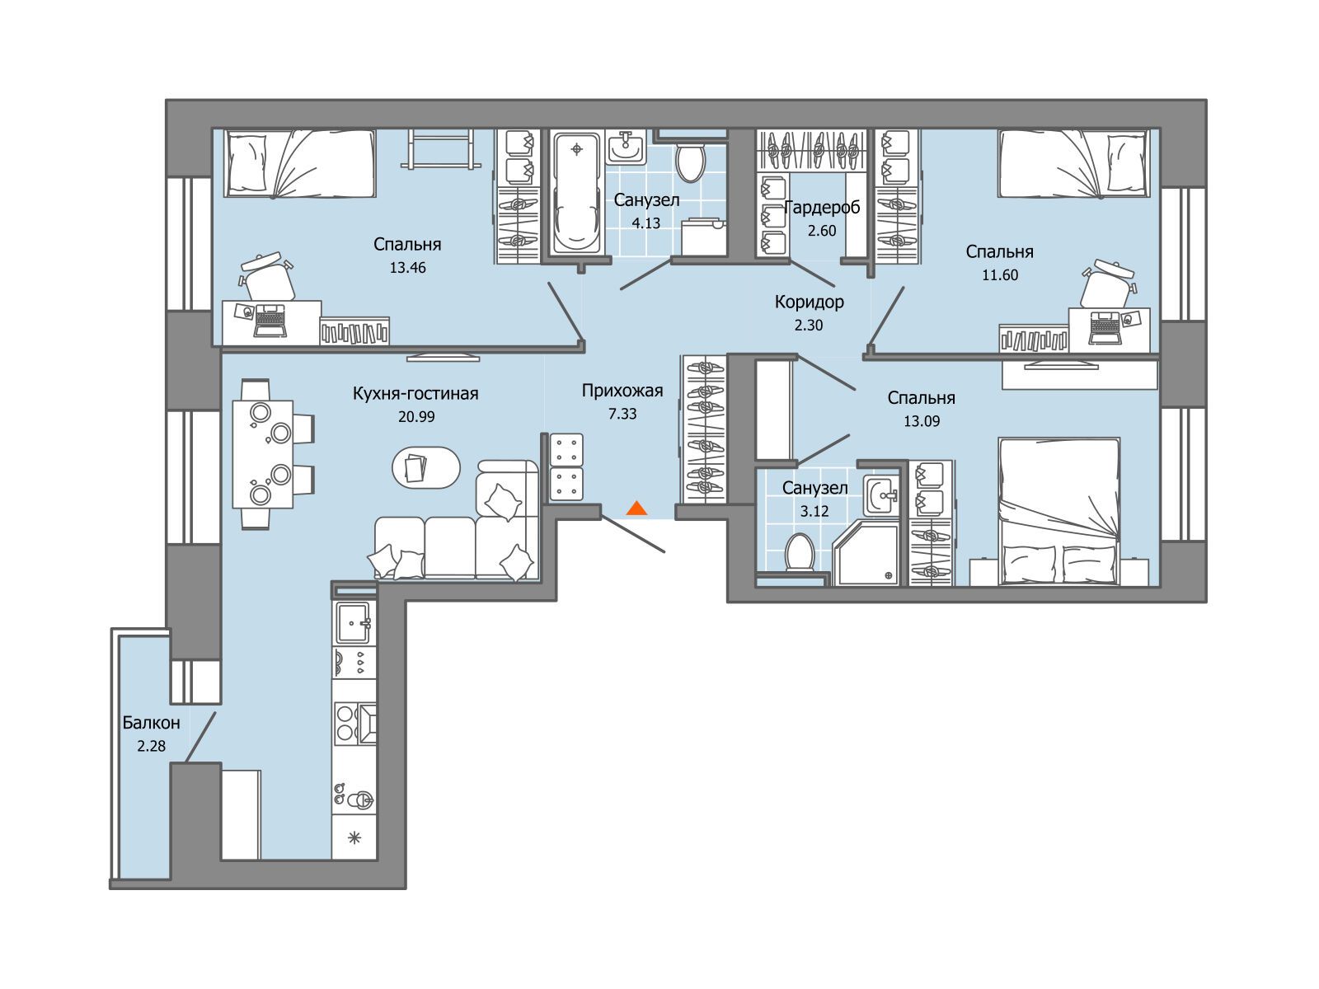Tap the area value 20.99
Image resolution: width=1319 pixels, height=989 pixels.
[x=415, y=416]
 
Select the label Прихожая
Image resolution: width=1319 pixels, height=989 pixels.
[x=622, y=391]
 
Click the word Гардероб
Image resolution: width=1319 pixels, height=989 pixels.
[x=822, y=208]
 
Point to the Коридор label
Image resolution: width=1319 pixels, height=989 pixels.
[x=809, y=302]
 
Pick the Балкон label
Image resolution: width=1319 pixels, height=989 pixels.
[x=151, y=723]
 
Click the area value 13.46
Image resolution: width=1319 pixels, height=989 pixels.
[x=407, y=267]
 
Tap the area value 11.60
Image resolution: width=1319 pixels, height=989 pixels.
[x=1000, y=275]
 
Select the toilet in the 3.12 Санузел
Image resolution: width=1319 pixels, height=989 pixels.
[x=800, y=552]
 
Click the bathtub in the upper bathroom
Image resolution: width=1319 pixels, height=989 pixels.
[x=576, y=194]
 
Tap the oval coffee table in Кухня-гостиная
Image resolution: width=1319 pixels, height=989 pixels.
[x=426, y=467]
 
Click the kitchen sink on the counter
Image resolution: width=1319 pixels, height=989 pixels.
[x=354, y=623]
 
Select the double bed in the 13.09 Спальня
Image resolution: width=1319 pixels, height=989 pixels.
[x=1058, y=511]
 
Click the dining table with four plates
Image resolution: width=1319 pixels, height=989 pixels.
[x=263, y=454]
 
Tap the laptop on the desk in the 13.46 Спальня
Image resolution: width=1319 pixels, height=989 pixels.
[x=270, y=320]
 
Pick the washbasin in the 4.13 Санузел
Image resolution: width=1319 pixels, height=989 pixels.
[x=626, y=148]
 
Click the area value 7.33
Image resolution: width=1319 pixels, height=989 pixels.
[x=622, y=414]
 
